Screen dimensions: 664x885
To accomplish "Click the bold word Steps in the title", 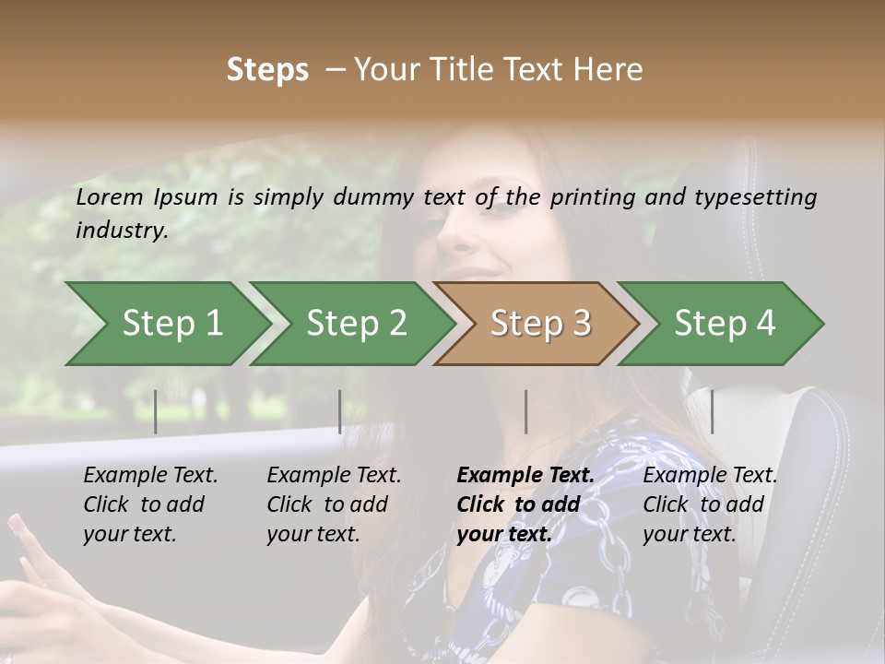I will click(x=267, y=69).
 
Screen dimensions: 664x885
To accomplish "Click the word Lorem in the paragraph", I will click(x=110, y=196).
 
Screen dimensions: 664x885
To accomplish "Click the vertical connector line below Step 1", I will click(x=156, y=411).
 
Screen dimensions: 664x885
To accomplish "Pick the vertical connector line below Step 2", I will click(x=340, y=411).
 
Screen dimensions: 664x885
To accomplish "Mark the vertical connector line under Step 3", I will click(x=525, y=411).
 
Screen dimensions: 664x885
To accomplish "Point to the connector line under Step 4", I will click(x=713, y=411).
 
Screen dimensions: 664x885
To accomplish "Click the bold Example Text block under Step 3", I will click(x=525, y=504).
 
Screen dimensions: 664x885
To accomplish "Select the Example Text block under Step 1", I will click(x=150, y=504).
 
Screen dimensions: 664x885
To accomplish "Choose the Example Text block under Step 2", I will click(x=334, y=504).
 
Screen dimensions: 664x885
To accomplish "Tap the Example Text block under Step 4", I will click(x=710, y=504).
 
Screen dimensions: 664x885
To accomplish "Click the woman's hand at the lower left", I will click(x=37, y=590).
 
